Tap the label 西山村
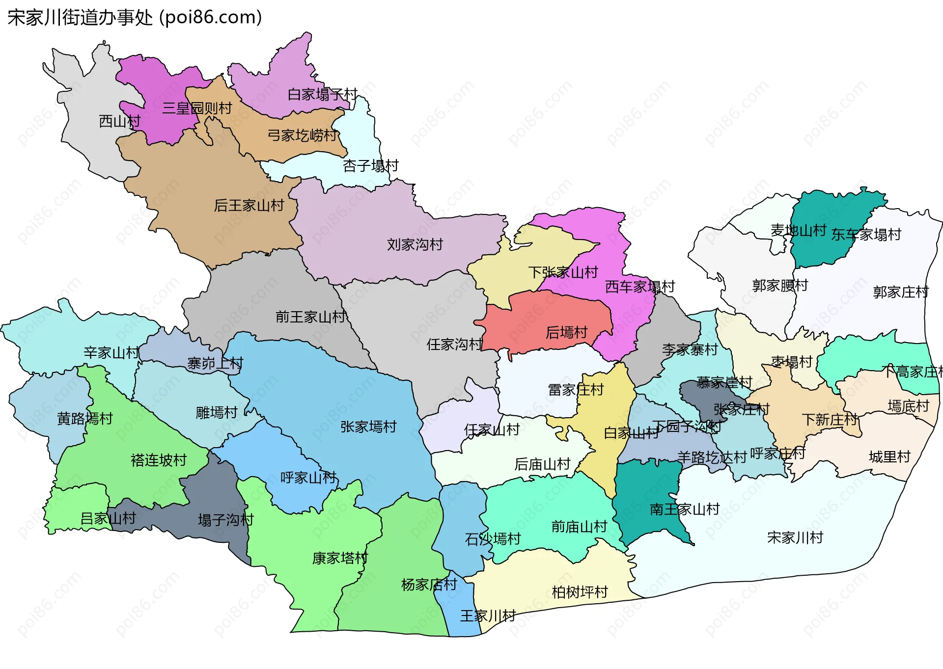119,121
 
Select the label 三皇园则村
197,108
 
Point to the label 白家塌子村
322,94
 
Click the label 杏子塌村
371,166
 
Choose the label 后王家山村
249,205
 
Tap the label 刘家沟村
415,244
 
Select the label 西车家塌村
640,287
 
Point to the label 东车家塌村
866,235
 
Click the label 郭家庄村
901,293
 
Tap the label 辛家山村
111,352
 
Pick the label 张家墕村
368,427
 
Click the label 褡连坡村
159,460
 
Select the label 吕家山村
108,518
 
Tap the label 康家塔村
340,559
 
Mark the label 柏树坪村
580,592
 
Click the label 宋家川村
795,538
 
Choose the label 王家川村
488,616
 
